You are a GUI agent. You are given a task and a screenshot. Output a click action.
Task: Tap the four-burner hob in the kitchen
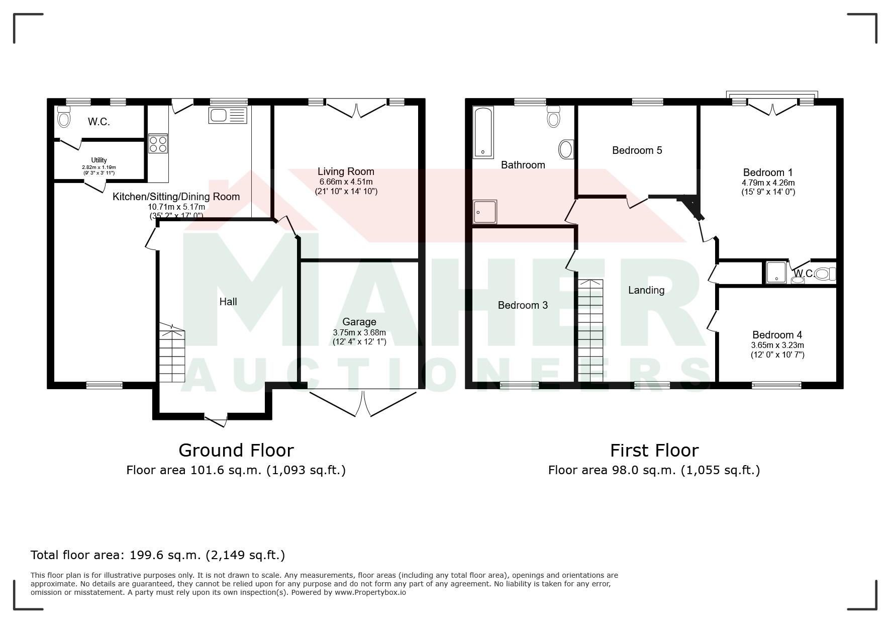coord(158,143)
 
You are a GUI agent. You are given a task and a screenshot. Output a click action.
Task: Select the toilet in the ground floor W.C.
coord(63,117)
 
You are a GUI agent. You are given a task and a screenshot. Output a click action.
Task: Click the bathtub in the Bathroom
coord(484,132)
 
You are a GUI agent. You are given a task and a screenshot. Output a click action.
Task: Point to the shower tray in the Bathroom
coord(485,212)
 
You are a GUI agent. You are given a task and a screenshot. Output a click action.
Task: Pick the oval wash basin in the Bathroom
coord(566,149)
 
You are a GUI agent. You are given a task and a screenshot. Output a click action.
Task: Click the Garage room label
coord(359,322)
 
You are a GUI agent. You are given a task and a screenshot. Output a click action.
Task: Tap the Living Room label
coord(346,171)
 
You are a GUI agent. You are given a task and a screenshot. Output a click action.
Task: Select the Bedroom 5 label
coord(637,150)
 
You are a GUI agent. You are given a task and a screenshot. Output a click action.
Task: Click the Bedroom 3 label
coord(523,305)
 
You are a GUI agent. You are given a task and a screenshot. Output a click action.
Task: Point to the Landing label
coord(646,290)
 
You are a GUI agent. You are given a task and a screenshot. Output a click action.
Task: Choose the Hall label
coord(228,302)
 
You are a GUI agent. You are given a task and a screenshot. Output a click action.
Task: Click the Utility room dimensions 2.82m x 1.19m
coord(99,167)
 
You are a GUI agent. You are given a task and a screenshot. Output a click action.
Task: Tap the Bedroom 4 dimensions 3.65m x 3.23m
coord(777,345)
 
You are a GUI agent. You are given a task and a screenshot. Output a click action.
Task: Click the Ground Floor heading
coord(236,450)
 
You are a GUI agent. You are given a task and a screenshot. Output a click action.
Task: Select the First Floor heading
coord(654,450)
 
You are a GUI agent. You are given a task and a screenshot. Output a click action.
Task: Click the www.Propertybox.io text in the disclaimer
coord(370,592)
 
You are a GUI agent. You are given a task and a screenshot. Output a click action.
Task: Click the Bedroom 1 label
coord(768,173)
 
